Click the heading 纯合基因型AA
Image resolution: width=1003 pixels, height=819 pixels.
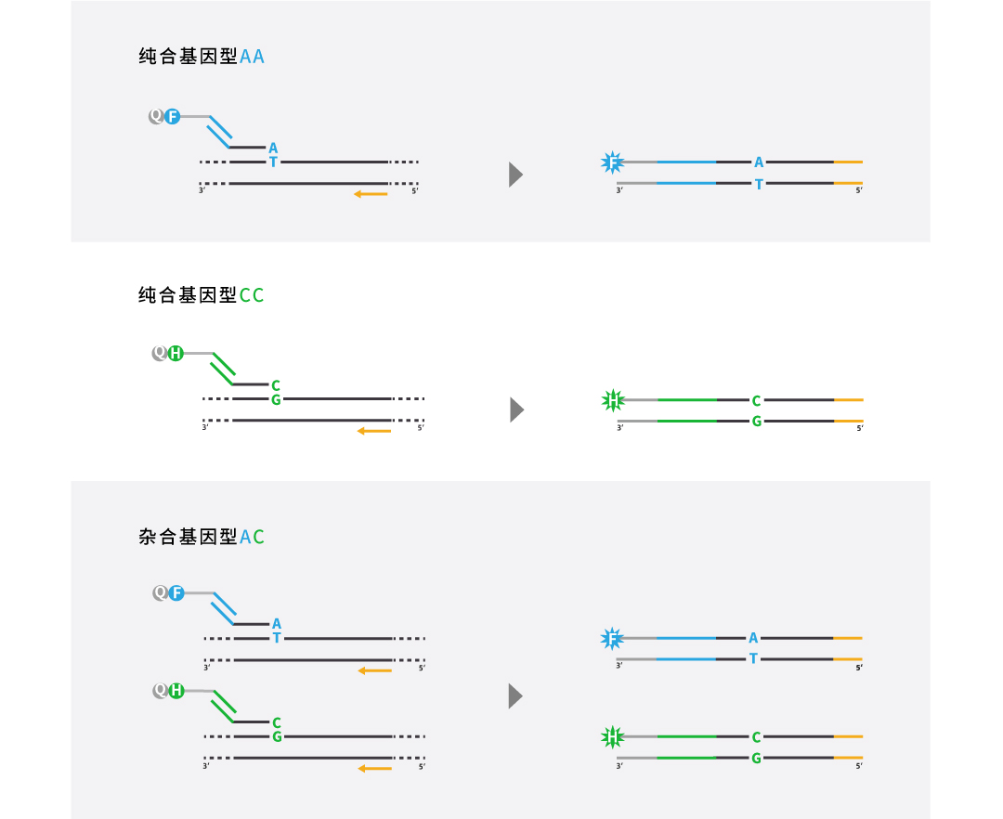point(202,57)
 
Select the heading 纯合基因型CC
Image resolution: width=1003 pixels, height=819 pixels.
point(202,294)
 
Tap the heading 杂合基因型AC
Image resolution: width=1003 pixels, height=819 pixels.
point(202,537)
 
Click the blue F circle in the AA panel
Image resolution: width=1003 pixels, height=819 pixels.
point(172,116)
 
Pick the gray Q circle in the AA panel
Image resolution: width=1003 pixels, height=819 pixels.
point(156,116)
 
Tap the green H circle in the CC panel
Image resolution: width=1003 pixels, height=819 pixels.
point(176,353)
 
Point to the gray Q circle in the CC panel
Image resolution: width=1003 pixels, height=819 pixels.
point(160,353)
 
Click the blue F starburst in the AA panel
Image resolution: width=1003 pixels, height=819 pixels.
point(613,162)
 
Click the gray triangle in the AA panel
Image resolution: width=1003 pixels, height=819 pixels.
point(515,175)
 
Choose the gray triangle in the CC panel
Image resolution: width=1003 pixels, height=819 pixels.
point(516,409)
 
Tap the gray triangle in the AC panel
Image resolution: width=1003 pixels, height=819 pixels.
point(515,696)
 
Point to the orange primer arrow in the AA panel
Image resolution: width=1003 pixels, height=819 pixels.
point(371,194)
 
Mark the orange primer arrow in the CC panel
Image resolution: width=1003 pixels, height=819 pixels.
point(374,431)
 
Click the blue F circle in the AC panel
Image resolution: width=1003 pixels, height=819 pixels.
point(176,592)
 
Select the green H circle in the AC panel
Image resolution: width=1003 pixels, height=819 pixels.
point(176,691)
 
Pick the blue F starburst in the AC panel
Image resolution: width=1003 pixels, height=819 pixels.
point(612,638)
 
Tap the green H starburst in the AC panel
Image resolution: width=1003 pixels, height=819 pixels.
point(613,737)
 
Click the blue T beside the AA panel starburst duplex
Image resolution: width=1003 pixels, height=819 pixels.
point(759,184)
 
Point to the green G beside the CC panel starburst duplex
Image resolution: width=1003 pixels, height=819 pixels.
point(757,422)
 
